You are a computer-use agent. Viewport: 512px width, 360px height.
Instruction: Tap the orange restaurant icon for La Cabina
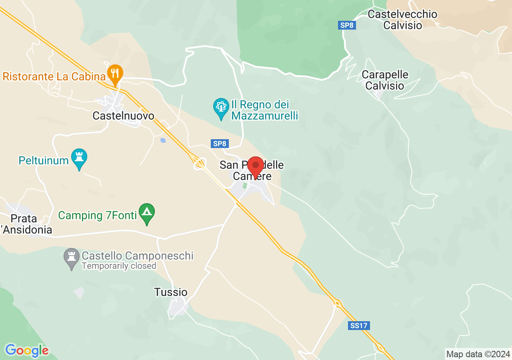coord(115,74)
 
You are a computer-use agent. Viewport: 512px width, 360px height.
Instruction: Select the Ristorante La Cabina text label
coord(51,76)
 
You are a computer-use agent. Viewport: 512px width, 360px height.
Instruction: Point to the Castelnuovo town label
coord(123,116)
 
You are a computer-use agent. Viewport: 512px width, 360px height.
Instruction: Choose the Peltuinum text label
coord(44,161)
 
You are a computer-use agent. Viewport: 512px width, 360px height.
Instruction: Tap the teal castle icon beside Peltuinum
coord(79,158)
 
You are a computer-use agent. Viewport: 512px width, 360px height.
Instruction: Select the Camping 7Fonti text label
coord(97,215)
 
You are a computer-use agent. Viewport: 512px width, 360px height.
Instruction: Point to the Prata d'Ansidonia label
coord(26,224)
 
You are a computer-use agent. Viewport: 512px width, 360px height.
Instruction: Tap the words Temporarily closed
coord(119,266)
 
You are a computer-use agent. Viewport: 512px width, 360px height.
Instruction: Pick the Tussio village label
coord(171,292)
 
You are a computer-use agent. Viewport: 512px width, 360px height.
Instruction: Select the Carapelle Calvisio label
coord(385,80)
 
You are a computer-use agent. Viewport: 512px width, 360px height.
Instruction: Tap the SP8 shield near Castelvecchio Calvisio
coord(347,25)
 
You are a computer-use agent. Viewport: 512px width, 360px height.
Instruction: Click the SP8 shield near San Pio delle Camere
coord(219,144)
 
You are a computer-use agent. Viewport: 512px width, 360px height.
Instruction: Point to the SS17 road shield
coord(358,326)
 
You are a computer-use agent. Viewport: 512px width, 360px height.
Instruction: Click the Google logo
coord(27,350)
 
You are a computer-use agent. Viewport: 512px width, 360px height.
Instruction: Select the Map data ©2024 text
coord(478,354)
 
